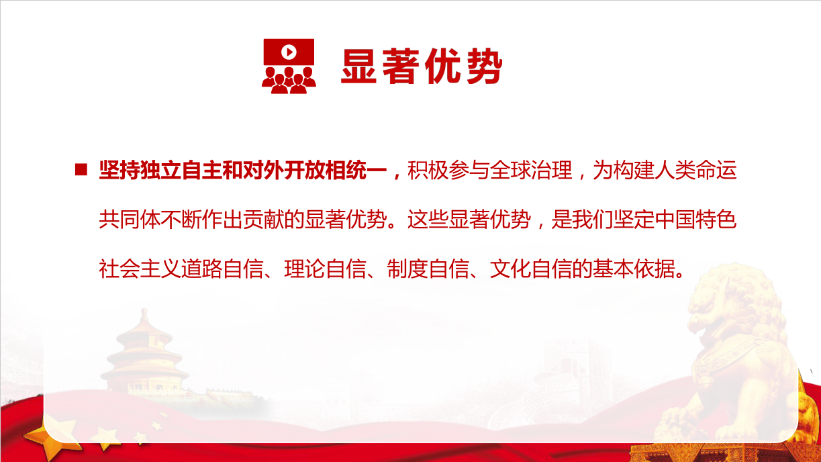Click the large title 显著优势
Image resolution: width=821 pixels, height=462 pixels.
coord(422,66)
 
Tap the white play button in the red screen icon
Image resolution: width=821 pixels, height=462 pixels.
coord(289,52)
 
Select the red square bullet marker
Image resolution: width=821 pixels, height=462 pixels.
coord(81,170)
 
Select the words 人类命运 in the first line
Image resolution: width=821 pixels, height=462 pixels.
coord(695,170)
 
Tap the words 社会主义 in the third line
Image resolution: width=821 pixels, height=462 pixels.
coord(140,269)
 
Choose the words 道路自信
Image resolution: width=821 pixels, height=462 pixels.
coord(222,269)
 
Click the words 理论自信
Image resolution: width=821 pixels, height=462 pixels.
coord(325,269)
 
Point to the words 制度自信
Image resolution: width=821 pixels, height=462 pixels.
coord(428,269)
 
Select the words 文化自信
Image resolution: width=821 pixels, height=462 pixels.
coord(530,269)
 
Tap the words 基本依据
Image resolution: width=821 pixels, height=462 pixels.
coord(634,269)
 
